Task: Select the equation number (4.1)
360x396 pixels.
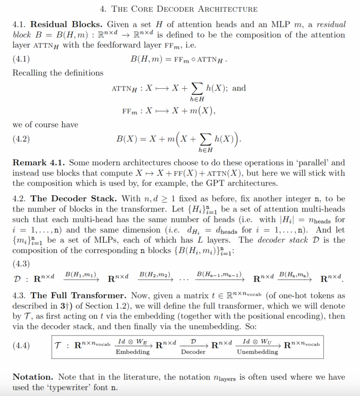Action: pyautogui.click(x=21, y=59)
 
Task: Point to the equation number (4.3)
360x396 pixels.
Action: pyautogui.click(x=21, y=264)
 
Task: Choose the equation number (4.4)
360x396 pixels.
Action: pyautogui.click(x=21, y=346)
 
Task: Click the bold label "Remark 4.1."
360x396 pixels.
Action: pyautogui.click(x=39, y=162)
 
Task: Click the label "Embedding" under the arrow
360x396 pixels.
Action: pyautogui.click(x=133, y=352)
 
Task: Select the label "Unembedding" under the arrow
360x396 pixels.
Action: pyautogui.click(x=257, y=352)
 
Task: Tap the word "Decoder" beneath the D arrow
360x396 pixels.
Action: pyautogui.click(x=193, y=352)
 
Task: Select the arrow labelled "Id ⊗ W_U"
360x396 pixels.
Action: pyautogui.click(x=257, y=346)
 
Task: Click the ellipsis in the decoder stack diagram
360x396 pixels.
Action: pyautogui.click(x=184, y=280)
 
